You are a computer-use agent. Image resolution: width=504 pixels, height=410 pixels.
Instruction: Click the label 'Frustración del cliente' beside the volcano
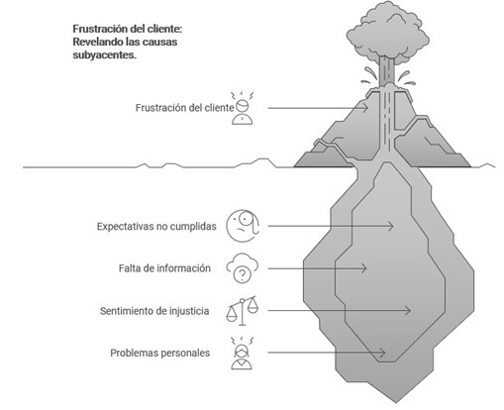coord(184,108)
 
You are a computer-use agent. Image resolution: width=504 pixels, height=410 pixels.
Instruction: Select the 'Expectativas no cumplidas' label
coord(156,227)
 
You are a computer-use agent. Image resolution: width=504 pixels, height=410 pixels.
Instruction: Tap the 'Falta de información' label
coord(164,268)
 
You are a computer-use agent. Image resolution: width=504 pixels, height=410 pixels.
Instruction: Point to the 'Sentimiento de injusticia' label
coord(154,311)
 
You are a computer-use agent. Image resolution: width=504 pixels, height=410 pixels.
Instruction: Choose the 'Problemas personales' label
coord(159,353)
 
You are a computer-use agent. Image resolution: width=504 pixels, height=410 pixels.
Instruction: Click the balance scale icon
coord(243,311)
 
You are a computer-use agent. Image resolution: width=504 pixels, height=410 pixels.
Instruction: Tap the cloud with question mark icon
coord(243,268)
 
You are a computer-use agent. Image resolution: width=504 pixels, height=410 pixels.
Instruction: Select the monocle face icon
coord(243,226)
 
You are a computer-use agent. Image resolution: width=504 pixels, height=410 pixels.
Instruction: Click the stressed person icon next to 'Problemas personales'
coord(242,353)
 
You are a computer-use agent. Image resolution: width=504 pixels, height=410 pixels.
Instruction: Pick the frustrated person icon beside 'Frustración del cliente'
coord(243,108)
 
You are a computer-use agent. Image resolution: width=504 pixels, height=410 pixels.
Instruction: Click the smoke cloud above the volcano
coord(388,33)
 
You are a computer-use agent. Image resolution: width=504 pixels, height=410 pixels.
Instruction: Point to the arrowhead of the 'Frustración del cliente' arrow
coord(365,108)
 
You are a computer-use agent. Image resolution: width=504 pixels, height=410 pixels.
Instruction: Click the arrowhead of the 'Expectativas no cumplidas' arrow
coord(390,226)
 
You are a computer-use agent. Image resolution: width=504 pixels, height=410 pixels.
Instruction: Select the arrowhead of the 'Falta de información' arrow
coord(363,268)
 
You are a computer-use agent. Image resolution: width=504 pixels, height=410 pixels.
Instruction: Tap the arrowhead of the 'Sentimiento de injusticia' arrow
coord(408,310)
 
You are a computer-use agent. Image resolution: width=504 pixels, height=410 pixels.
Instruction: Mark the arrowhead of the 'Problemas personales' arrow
coord(382,353)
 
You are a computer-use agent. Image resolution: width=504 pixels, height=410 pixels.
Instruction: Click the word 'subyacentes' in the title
coord(103,55)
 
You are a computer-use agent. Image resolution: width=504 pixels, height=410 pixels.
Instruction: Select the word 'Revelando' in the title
coord(97,42)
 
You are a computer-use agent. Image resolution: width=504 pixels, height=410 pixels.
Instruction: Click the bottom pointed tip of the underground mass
coord(396,403)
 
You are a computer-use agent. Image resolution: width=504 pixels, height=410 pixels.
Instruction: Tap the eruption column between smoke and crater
coord(387,71)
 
